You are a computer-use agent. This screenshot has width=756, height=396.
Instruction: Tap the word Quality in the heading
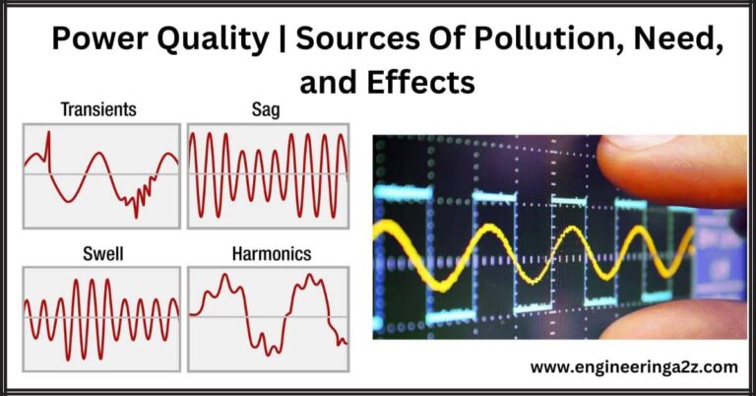(x=215, y=40)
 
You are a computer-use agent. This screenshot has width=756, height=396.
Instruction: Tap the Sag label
(x=266, y=111)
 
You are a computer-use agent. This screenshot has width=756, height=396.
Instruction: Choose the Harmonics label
(x=271, y=254)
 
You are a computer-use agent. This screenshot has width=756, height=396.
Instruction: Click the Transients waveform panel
(x=102, y=175)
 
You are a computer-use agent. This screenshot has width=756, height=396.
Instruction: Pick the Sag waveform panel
(x=268, y=175)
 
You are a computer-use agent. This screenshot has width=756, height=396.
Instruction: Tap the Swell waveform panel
(x=102, y=317)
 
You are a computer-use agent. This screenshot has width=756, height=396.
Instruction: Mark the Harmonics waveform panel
(x=268, y=317)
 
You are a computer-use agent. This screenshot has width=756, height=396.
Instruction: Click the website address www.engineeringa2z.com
(x=633, y=367)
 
